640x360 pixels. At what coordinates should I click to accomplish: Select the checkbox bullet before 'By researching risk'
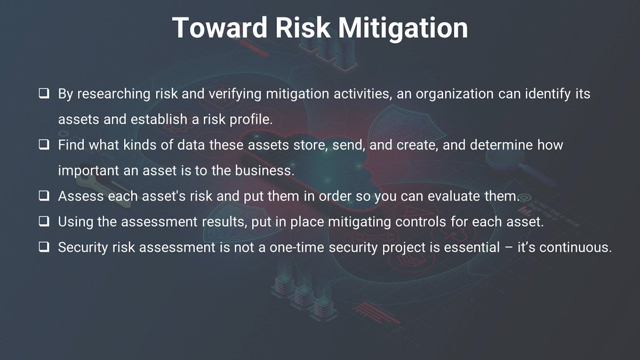(x=44, y=94)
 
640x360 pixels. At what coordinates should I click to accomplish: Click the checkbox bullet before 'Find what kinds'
(x=44, y=145)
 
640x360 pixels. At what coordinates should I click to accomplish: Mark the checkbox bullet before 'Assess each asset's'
(x=44, y=196)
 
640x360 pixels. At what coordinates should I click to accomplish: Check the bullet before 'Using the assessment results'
(x=44, y=221)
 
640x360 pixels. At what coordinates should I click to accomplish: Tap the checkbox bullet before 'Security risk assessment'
(x=44, y=247)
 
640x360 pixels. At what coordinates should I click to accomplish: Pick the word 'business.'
(x=266, y=171)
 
